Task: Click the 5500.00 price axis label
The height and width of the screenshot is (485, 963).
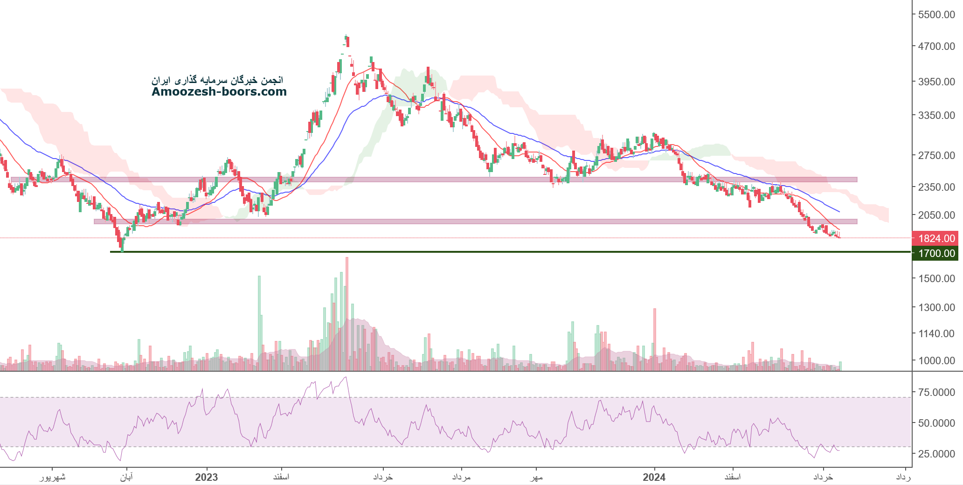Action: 936,14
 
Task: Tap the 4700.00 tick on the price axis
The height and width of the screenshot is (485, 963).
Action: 936,46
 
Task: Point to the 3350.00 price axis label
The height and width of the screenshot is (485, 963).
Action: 936,115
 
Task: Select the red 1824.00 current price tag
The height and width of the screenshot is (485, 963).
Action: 936,239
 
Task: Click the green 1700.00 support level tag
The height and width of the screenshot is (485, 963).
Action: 936,254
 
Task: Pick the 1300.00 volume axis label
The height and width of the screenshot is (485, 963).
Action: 936,307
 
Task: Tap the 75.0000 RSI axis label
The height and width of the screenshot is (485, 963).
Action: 936,392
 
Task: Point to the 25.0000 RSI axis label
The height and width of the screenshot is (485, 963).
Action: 936,454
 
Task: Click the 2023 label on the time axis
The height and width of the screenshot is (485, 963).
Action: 206,477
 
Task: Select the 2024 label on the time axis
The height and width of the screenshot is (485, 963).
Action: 654,477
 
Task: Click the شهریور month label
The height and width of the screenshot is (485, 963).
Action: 52,477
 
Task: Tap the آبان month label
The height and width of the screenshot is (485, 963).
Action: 126,477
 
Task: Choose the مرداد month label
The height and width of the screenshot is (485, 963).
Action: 461,477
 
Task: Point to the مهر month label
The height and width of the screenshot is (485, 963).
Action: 537,477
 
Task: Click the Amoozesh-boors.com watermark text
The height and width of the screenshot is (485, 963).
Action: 219,92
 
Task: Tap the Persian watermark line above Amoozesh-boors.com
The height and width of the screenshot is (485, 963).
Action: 217,80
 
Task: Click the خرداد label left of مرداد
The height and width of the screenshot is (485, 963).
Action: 383,477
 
